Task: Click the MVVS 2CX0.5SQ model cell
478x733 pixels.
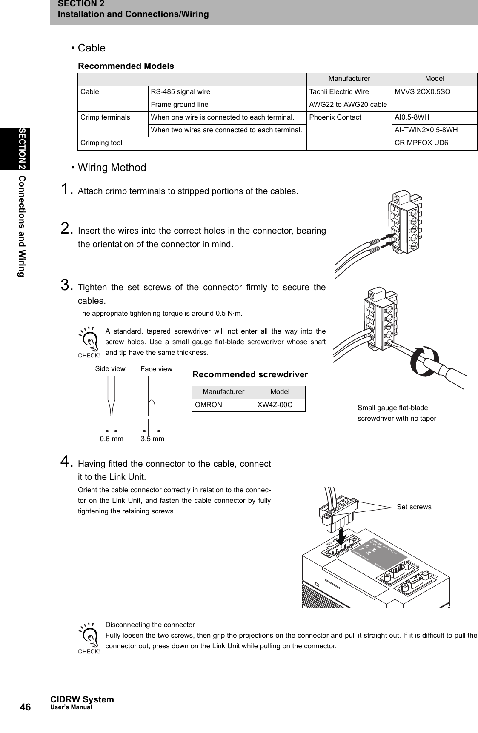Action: tap(423, 92)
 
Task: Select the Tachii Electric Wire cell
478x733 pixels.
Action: tap(339, 92)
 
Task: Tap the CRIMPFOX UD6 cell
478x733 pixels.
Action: tap(421, 143)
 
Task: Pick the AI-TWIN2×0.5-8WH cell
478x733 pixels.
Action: tap(426, 130)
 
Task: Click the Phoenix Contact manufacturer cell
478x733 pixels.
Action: tap(335, 117)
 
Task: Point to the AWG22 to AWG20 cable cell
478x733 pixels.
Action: tap(348, 105)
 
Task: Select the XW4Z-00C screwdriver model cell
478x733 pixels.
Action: tap(275, 405)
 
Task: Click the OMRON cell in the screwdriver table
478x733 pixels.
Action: tap(209, 405)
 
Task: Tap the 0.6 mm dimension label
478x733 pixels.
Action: tap(112, 439)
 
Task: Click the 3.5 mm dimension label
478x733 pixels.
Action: tap(152, 439)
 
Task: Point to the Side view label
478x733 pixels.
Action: tap(110, 369)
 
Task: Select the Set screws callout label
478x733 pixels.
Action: tap(414, 507)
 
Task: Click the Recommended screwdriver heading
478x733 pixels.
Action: tap(250, 375)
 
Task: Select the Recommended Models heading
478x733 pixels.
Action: tap(126, 66)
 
